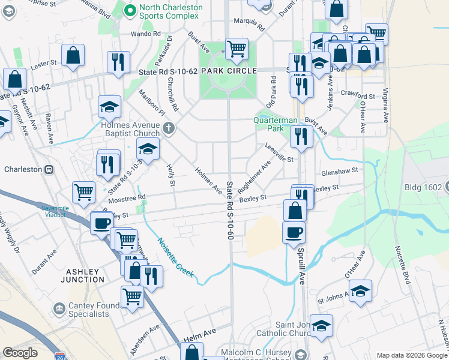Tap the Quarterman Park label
(276, 124)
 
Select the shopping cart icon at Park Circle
(237, 49)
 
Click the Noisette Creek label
(175, 257)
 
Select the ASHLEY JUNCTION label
(82, 275)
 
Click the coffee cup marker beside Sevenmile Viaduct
(101, 223)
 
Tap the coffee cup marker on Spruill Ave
(294, 232)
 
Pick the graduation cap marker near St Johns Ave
(360, 291)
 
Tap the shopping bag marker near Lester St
(73, 56)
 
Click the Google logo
(20, 353)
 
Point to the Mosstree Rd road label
(127, 197)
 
